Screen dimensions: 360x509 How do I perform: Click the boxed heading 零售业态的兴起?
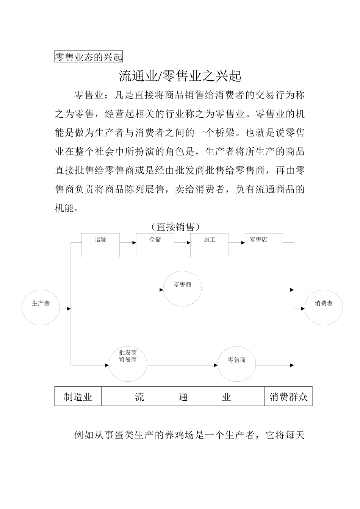point(89,57)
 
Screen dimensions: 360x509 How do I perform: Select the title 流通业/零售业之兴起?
point(180,76)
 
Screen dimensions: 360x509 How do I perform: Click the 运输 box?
point(101,245)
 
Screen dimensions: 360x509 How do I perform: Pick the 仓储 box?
point(155,245)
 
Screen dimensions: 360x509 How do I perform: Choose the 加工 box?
point(210,245)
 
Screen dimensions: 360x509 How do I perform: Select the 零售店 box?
point(264,245)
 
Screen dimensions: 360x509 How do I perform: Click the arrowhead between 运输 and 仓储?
point(134,243)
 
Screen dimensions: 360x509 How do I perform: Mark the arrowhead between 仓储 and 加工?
point(188,243)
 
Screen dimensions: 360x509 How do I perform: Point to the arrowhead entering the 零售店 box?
point(243,243)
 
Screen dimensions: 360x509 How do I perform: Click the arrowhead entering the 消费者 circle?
point(303,309)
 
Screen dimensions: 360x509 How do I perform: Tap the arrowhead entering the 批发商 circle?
point(107,365)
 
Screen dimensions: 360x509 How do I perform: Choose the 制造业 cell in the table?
point(78,397)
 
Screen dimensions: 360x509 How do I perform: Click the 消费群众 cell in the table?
point(288,397)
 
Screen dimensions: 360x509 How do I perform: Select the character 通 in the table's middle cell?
point(183,397)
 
